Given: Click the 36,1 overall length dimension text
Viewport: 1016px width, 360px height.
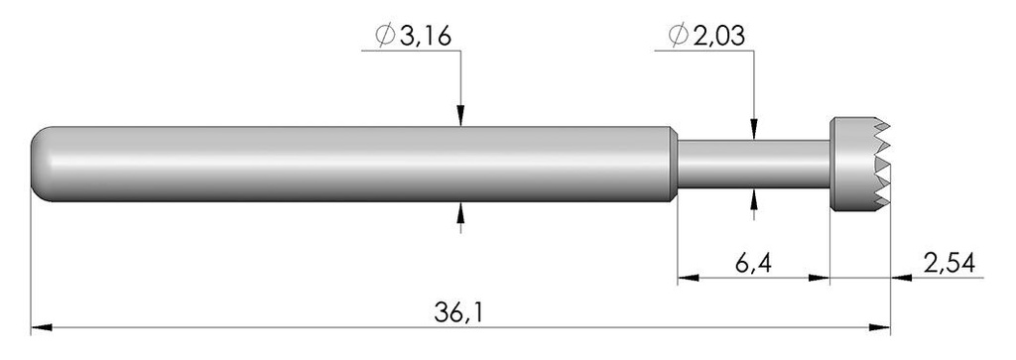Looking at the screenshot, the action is point(458,312).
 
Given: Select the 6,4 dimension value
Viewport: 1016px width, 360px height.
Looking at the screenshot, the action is point(753,264).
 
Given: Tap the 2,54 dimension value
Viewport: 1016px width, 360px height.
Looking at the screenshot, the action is point(950,264).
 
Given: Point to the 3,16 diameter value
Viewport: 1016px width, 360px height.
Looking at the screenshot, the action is point(425,37).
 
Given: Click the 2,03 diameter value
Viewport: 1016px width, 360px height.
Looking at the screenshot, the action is point(718,37).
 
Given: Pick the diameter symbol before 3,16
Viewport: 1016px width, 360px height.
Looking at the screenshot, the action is point(386,37).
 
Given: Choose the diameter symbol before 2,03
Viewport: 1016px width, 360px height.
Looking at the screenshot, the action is point(679,37).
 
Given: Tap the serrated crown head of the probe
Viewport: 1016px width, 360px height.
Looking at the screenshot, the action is point(860,164).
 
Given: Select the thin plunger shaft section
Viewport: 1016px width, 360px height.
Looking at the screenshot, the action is point(753,164).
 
